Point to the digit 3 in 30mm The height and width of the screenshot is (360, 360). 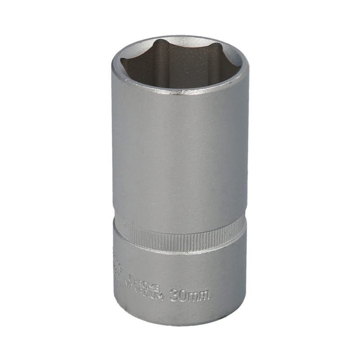pyautogui.click(x=175, y=296)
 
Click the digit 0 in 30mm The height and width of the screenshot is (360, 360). pyautogui.click(x=184, y=296)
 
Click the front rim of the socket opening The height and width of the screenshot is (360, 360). pyautogui.click(x=180, y=93)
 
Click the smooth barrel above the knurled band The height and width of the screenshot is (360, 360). pyautogui.click(x=180, y=157)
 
